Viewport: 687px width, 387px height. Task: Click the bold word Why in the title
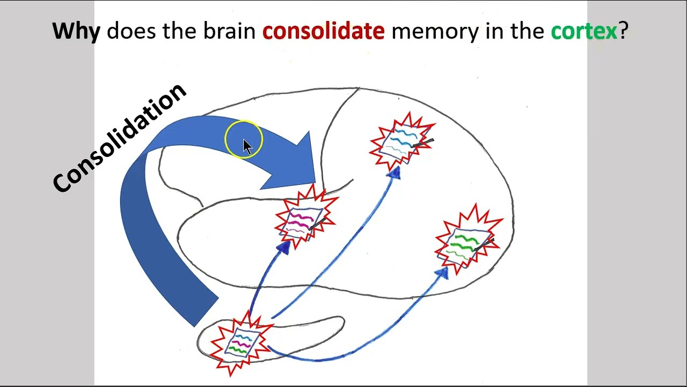click(76, 32)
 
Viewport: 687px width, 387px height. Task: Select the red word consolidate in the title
click(323, 32)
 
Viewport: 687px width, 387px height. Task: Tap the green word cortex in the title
click(583, 32)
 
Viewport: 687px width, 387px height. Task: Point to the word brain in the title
click(229, 32)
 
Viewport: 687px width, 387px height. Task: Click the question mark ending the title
click(623, 32)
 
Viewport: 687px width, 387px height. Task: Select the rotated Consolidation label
click(119, 138)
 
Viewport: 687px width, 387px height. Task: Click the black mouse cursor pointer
click(247, 146)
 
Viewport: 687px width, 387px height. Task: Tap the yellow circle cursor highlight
click(244, 139)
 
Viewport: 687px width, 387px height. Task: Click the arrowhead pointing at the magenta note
click(283, 247)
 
